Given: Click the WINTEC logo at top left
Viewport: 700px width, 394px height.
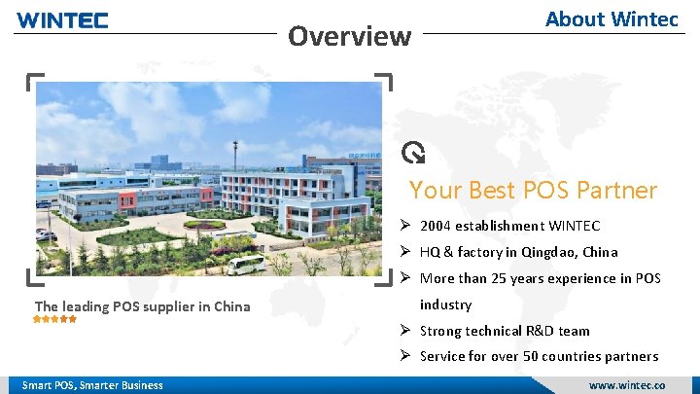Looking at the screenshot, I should coord(63,19).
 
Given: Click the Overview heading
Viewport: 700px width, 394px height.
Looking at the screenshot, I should coord(350,37).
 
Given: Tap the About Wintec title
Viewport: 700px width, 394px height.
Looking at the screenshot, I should coord(612,18).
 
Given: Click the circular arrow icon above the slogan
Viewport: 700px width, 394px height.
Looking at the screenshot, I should coord(414,152).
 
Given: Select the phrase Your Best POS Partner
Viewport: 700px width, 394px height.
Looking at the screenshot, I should coord(533,190).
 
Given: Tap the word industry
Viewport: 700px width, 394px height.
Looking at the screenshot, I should coord(445,304).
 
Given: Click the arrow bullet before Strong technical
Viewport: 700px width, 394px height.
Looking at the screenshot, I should coord(407,331).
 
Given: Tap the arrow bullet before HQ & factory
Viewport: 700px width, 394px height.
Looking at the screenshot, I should coord(407,252).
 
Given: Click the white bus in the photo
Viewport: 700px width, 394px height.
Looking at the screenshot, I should coord(246,265).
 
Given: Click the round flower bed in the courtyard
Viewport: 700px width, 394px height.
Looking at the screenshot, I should coord(204,225).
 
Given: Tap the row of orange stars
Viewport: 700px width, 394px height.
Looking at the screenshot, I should coord(55,319).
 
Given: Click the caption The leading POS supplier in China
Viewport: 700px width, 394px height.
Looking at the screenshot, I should coord(142,306).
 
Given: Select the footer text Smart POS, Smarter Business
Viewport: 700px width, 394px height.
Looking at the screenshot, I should coord(92,385).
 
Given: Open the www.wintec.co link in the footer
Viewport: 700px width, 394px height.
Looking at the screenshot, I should coord(627,385).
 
